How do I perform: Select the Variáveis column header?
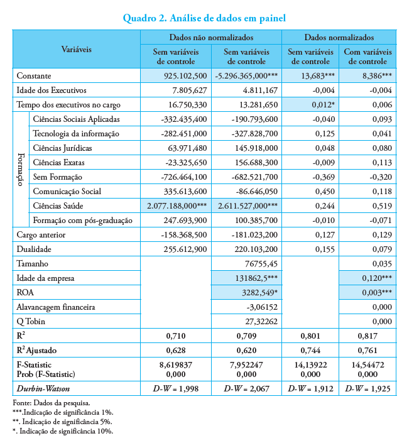(77, 48)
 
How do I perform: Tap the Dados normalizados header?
(339, 38)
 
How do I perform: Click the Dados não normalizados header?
(211, 38)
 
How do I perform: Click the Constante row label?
(34, 76)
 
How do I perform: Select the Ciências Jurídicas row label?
(62, 148)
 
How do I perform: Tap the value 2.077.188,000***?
(175, 205)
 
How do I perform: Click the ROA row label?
(26, 292)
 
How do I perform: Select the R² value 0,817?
(369, 336)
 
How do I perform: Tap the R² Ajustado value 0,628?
(175, 350)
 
